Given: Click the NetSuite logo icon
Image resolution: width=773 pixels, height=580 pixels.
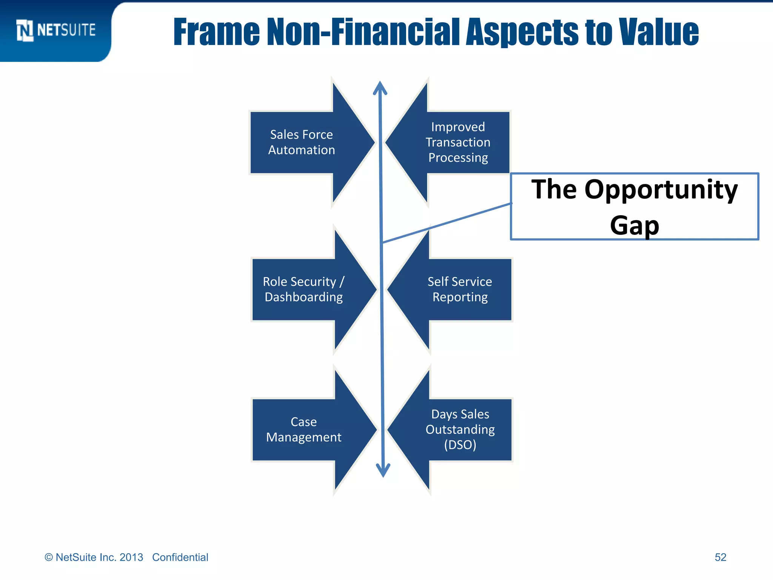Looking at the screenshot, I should click(x=25, y=30).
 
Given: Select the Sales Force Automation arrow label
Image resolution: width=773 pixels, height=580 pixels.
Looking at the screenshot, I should click(x=301, y=142).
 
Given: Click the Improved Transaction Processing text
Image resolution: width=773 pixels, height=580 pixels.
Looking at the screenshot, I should click(x=458, y=142).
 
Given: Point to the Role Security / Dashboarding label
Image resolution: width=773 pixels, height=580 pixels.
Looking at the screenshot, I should click(x=303, y=289).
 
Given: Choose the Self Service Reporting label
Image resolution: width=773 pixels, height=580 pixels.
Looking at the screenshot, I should click(x=460, y=289).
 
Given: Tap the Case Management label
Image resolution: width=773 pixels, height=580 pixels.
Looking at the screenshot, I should click(x=303, y=429).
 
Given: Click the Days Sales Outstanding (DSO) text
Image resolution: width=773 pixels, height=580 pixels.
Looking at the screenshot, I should click(x=460, y=429).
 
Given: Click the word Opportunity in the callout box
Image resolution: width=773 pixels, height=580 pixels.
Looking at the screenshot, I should click(x=661, y=190).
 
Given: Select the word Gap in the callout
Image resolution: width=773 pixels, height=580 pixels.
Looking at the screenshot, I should click(x=634, y=225).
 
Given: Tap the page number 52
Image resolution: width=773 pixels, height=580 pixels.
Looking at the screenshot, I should click(x=720, y=557).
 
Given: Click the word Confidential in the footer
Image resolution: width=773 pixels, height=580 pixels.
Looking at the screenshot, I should click(x=180, y=557).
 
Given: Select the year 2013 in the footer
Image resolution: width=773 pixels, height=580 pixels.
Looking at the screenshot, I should click(x=131, y=557).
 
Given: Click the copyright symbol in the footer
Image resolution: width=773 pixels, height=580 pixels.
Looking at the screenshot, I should click(x=49, y=557).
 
